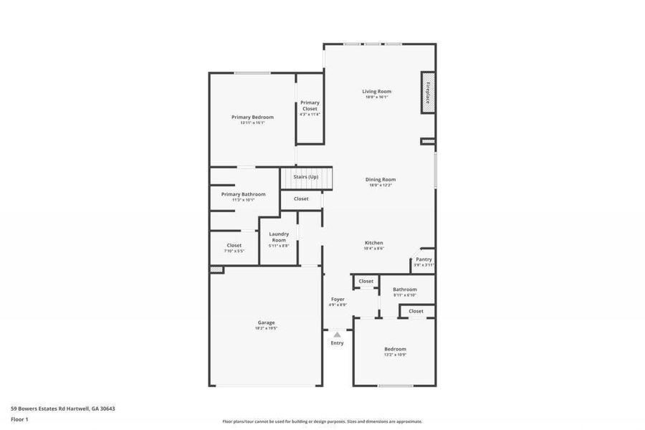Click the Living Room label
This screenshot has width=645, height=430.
pyautogui.click(x=376, y=91)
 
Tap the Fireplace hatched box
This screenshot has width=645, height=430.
pyautogui.click(x=428, y=92)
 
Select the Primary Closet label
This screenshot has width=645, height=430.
pyautogui.click(x=310, y=105)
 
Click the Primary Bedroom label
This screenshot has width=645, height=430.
pyautogui.click(x=252, y=117)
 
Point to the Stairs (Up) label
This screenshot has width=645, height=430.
pyautogui.click(x=306, y=176)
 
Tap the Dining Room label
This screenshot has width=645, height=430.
pyautogui.click(x=381, y=179)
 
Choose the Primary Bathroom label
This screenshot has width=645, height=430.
pyautogui.click(x=243, y=194)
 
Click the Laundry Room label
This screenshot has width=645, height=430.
pyautogui.click(x=279, y=236)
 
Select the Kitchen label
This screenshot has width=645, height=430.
pyautogui.click(x=374, y=243)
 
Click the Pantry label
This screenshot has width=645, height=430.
pyautogui.click(x=424, y=259)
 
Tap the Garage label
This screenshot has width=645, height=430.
pyautogui.click(x=266, y=322)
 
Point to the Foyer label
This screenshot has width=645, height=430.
pyautogui.click(x=338, y=299)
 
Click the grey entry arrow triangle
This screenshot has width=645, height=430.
pyautogui.click(x=337, y=335)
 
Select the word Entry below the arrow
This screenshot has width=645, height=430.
pyautogui.click(x=337, y=343)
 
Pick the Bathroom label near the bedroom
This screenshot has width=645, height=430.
pyautogui.click(x=405, y=290)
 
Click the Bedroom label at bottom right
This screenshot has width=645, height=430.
pyautogui.click(x=395, y=349)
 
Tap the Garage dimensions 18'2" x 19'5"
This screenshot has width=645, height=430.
pyautogui.click(x=266, y=328)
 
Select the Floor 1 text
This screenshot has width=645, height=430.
pyautogui.click(x=19, y=419)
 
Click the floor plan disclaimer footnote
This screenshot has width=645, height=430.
pyautogui.click(x=322, y=421)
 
